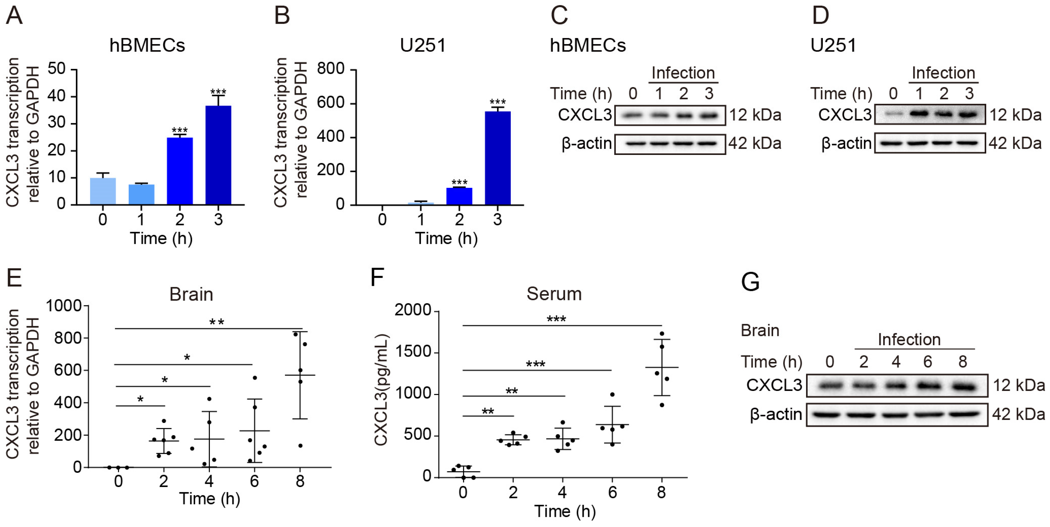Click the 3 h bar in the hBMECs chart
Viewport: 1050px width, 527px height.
[218, 155]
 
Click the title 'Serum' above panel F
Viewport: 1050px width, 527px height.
[554, 294]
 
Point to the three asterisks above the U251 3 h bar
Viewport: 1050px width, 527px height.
[497, 102]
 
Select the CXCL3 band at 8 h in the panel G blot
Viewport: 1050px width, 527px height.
[962, 385]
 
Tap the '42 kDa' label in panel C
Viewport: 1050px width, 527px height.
[755, 143]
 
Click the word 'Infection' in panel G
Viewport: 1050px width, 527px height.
[909, 339]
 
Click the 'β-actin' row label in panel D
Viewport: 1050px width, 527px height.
[846, 143]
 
